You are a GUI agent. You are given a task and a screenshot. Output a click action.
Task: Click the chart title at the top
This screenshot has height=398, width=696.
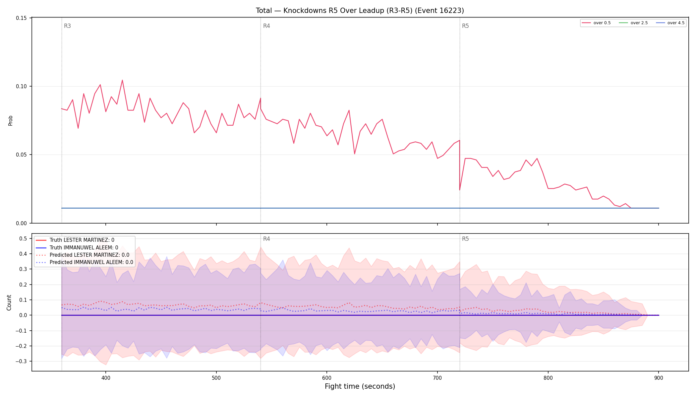(x=360, y=11)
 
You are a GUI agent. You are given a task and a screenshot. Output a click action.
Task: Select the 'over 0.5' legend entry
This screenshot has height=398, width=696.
(x=596, y=23)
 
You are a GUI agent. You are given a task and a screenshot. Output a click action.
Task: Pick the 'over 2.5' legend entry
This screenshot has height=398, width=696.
(x=633, y=23)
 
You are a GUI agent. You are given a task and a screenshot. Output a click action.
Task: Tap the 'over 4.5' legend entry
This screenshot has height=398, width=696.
(x=670, y=23)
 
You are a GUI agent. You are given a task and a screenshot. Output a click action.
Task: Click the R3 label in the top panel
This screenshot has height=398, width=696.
(x=67, y=26)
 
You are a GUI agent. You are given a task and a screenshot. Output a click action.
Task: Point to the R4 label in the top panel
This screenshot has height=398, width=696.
(x=266, y=26)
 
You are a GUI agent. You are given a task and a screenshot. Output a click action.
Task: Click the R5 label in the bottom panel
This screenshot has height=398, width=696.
(x=465, y=239)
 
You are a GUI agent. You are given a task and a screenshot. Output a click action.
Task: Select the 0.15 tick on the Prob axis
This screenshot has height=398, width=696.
(x=22, y=18)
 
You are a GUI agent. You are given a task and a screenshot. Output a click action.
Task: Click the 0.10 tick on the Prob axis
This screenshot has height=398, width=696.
(x=22, y=86)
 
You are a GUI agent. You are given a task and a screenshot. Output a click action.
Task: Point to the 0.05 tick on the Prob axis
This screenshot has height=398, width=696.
(x=22, y=155)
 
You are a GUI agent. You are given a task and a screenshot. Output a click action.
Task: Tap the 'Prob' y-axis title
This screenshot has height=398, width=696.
(x=10, y=120)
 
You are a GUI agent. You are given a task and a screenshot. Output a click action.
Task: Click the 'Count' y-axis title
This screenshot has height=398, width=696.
(x=9, y=302)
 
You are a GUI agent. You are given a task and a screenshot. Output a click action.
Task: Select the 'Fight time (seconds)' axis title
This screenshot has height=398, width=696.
(x=360, y=386)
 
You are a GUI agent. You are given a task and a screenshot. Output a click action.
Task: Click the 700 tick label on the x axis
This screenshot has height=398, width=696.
(x=437, y=378)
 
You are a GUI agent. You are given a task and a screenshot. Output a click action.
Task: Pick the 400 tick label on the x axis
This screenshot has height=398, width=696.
(x=106, y=378)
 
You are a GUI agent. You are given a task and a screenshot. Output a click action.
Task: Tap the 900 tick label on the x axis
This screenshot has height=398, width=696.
(x=659, y=378)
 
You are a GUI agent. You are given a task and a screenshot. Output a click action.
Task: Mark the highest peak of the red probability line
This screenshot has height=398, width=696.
(x=122, y=80)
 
